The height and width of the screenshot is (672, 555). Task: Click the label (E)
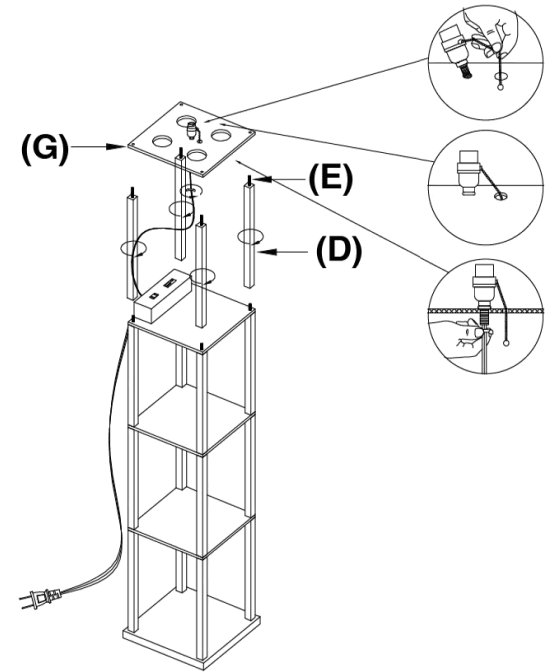click(327, 182)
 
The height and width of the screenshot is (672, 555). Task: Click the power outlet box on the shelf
click(163, 298)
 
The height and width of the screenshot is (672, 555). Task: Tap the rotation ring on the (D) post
click(250, 238)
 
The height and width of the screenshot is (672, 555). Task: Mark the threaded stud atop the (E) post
click(248, 180)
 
